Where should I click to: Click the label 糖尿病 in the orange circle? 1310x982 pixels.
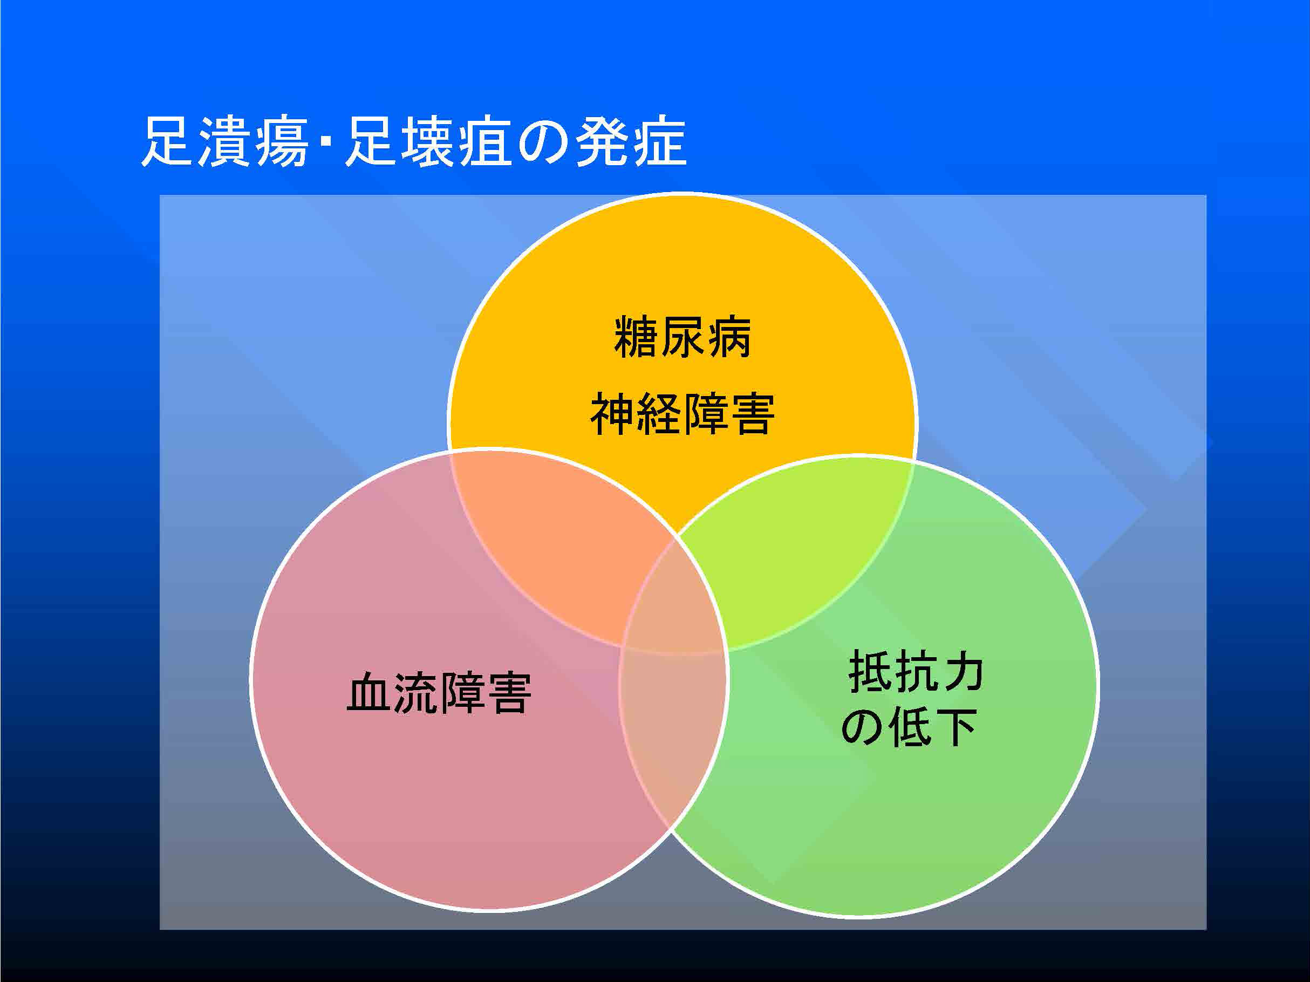point(682,337)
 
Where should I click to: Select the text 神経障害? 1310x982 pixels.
point(682,414)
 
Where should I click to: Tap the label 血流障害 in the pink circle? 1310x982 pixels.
point(439,692)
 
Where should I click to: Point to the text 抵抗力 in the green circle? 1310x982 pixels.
point(916,671)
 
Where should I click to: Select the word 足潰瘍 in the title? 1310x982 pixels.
point(224,141)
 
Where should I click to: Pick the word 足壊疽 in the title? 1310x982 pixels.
point(428,141)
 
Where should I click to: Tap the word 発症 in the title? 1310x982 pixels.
point(631,141)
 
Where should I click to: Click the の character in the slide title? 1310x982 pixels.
point(543,144)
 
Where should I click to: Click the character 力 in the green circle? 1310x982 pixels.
point(963,671)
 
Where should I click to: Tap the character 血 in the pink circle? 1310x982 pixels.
point(369,692)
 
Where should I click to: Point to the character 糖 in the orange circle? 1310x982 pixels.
point(636,337)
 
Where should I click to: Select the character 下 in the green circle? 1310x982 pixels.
point(956,727)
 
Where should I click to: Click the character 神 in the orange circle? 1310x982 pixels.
point(612,414)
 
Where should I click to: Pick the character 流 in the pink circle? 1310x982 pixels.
point(415,692)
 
